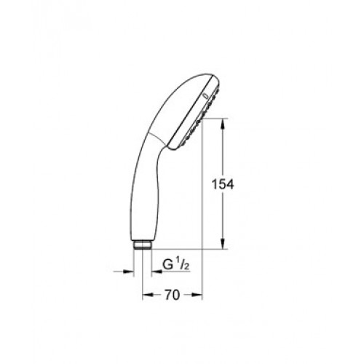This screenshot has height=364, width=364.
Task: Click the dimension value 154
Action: (223, 185)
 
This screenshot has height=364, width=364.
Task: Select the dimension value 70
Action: (172, 295)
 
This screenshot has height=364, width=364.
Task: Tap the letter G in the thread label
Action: (167, 265)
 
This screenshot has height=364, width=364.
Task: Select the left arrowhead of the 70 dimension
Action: (148, 295)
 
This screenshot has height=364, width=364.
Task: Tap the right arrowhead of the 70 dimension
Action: (197, 295)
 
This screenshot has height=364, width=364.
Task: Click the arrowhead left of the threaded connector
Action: (129, 272)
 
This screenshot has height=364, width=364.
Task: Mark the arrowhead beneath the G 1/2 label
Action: (157, 272)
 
